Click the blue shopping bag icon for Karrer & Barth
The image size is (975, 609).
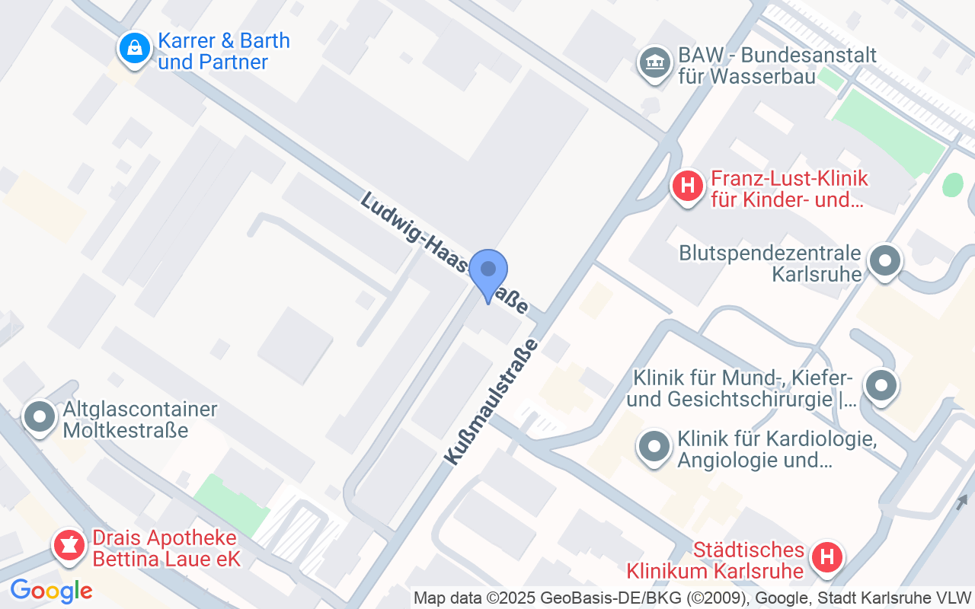[135, 48]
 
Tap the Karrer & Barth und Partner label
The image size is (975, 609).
[224, 51]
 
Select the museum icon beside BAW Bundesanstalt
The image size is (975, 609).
[654, 64]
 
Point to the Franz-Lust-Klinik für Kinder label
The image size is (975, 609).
[789, 190]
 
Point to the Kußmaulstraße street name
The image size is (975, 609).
[491, 401]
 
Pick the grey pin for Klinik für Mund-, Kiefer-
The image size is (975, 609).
[881, 386]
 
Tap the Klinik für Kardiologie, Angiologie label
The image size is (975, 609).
[777, 449]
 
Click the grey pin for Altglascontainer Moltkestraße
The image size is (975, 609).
[40, 416]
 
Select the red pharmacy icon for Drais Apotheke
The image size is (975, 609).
[69, 546]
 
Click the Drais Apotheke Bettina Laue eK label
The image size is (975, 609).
[166, 549]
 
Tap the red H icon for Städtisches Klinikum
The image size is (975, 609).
[826, 557]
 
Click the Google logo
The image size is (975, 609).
[51, 591]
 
